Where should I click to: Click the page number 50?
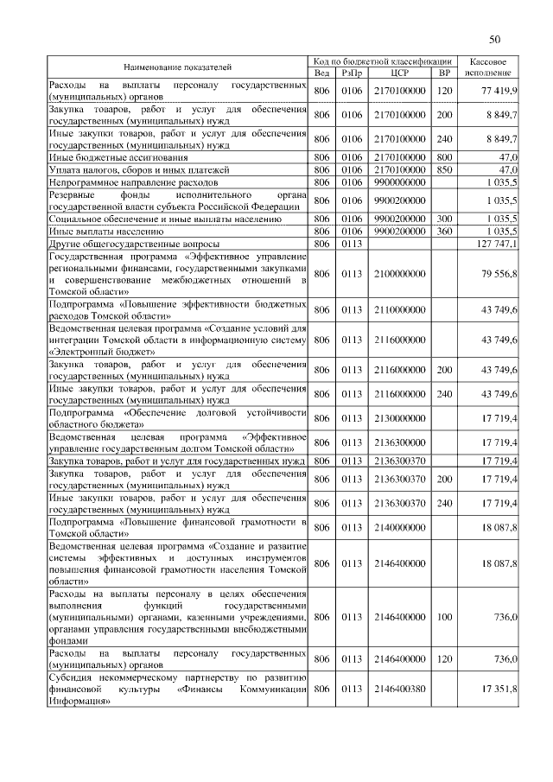(495, 39)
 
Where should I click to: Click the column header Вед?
(321, 73)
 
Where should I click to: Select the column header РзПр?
(351, 73)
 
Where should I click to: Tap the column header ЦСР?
(399, 73)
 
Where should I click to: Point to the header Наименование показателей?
(177, 67)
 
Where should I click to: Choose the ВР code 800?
(445, 158)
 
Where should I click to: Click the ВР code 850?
(445, 170)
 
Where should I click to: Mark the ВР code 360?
(445, 232)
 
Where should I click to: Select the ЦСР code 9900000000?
(399, 183)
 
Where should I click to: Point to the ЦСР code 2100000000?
(399, 274)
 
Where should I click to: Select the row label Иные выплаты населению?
(106, 232)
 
